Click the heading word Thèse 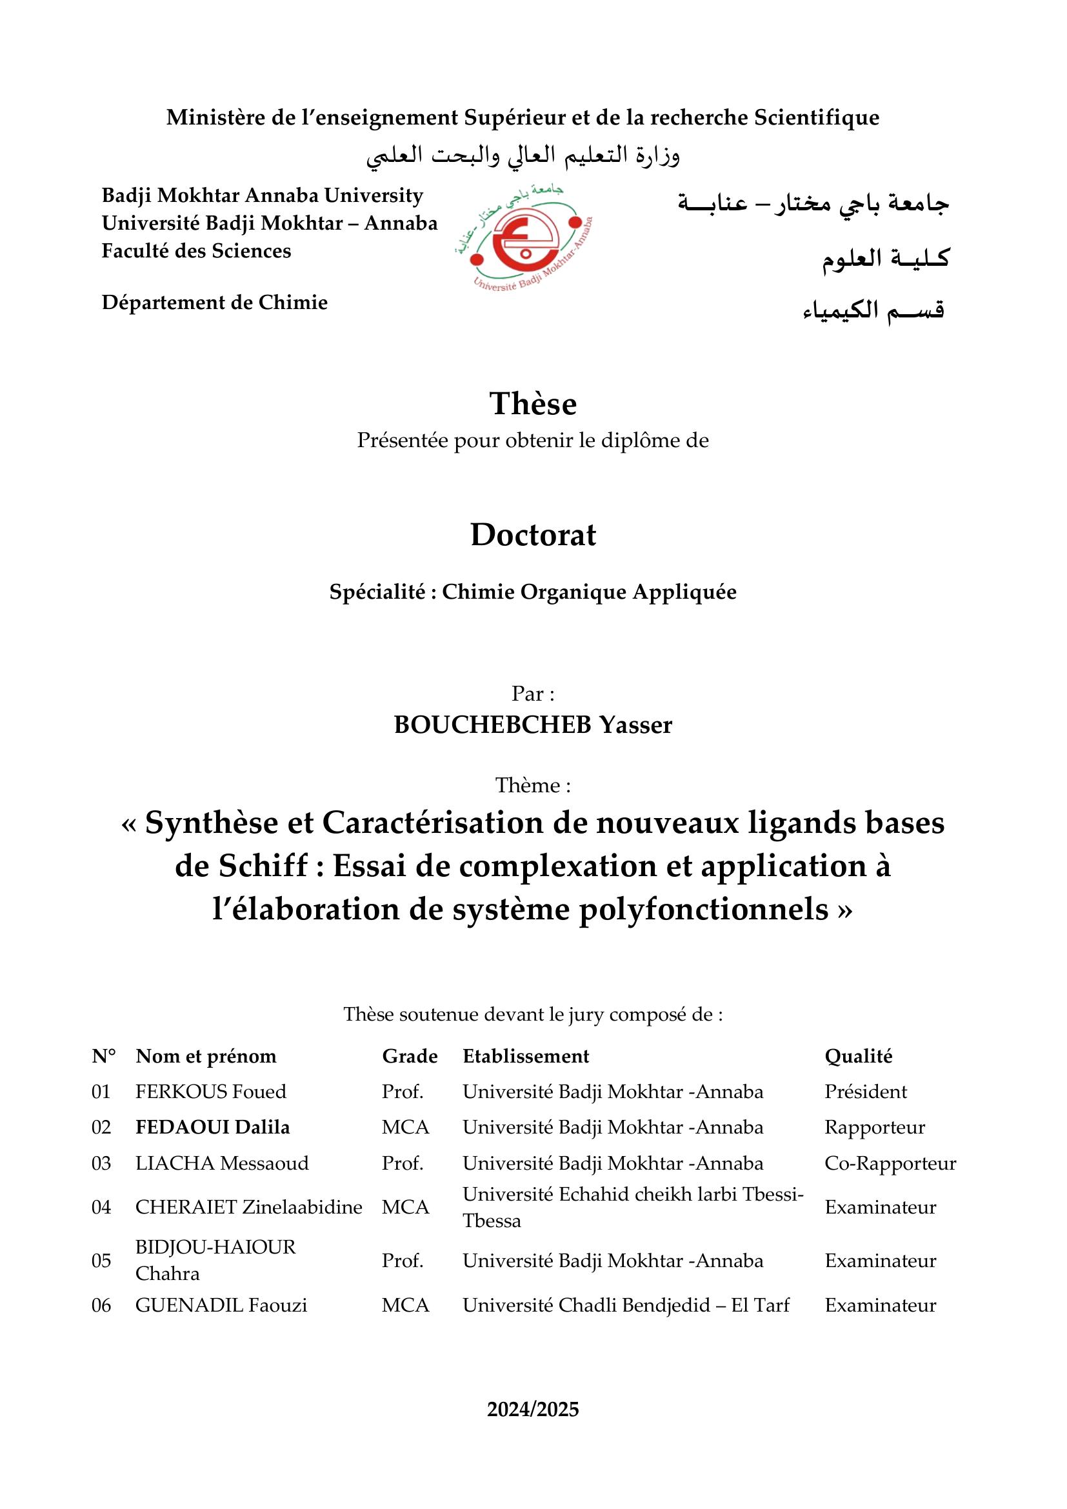point(533,403)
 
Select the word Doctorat point(533,535)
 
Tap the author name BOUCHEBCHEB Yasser point(533,725)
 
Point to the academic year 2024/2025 point(533,1409)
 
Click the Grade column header point(410,1056)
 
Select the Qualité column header point(858,1056)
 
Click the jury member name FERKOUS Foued point(211,1092)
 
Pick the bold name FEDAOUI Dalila point(212,1127)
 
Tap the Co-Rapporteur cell point(890,1163)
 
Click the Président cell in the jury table point(865,1092)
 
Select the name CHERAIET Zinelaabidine point(248,1207)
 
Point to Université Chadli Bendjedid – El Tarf point(626,1304)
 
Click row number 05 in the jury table point(101,1261)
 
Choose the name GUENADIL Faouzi point(221,1304)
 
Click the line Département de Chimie point(214,303)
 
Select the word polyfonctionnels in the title point(703,910)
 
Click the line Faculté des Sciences point(196,251)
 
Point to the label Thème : point(533,785)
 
